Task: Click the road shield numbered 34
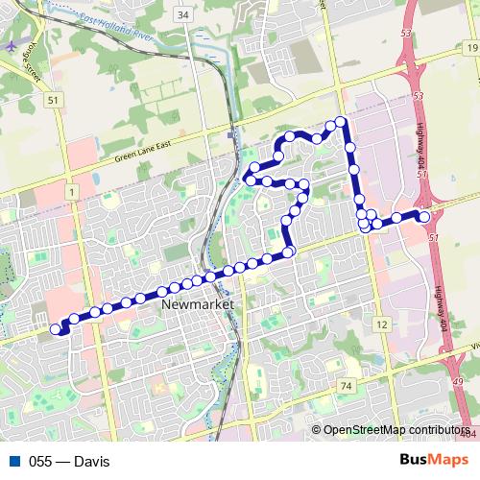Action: (183, 16)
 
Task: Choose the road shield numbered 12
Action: (382, 325)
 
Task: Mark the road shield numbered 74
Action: (346, 385)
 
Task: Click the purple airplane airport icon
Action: (11, 45)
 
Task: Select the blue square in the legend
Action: (13, 462)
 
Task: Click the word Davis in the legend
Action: (90, 462)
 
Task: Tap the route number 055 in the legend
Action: (40, 462)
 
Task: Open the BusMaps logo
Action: (434, 461)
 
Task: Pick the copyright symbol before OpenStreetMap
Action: (316, 430)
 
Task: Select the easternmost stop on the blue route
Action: (424, 216)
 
